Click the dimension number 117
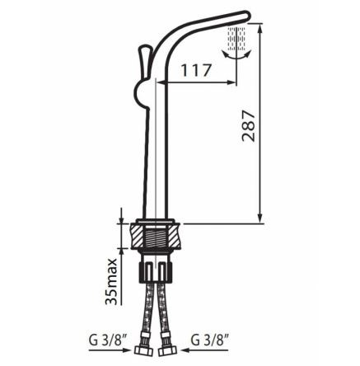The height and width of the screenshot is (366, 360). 196,70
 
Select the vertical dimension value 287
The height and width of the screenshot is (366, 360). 249,126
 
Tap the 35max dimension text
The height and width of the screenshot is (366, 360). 111,282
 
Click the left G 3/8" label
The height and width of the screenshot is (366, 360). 105,340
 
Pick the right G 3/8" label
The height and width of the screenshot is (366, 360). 210,340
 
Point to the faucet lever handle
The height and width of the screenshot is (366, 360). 144,61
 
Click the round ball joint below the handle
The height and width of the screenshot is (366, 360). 141,94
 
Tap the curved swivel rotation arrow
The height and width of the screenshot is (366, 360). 237,55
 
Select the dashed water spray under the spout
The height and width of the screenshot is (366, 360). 236,39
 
